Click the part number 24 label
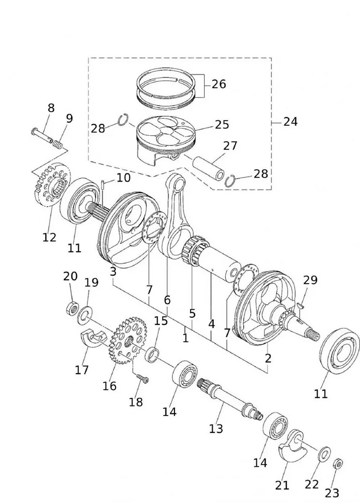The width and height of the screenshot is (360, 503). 290,121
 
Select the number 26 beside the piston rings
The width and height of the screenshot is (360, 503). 219,83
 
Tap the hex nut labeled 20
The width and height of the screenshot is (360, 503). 71,307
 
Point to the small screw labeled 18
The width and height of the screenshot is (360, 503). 140,379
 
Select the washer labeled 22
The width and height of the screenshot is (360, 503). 324,454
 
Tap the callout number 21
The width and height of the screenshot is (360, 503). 282,485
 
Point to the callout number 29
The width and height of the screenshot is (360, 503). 310,281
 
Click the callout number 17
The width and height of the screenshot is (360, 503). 82,370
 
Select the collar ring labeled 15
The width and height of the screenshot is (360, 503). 152,354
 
